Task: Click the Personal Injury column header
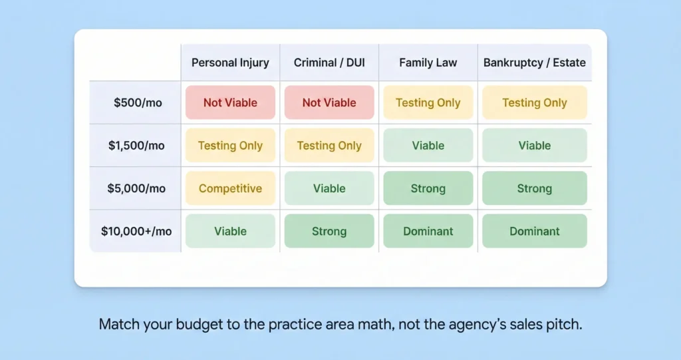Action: point(230,63)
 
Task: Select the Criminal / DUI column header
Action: point(329,63)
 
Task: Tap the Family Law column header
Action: point(428,63)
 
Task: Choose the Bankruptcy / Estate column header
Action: point(535,63)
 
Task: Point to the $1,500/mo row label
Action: point(136,146)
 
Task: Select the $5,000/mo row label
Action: point(136,188)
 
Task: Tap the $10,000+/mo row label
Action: point(136,232)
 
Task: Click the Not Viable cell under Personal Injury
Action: point(230,102)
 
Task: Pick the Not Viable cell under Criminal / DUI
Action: point(329,102)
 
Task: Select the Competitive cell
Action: point(230,188)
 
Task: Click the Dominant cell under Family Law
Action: point(428,232)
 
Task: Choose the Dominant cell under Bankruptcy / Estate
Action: point(535,232)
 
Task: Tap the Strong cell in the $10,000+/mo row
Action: point(329,232)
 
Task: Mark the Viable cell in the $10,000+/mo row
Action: point(230,232)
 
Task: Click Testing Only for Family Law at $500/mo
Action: point(428,102)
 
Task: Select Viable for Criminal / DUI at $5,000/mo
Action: point(329,188)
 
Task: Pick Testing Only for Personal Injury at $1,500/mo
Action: point(230,146)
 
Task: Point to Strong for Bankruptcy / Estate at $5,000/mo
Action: point(535,188)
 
